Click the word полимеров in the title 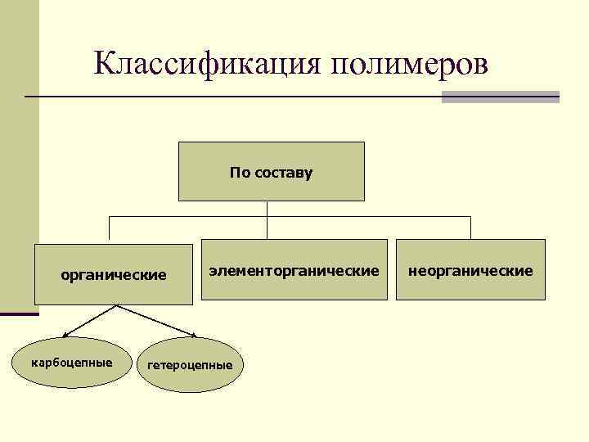(409, 64)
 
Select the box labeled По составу (272, 171)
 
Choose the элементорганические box (294, 269)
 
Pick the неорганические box (470, 269)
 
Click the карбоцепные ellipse (72, 362)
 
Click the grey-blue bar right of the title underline (500, 97)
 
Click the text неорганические (470, 269)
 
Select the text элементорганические (294, 269)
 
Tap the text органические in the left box (115, 274)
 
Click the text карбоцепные (72, 362)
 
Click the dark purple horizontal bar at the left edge (19, 313)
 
